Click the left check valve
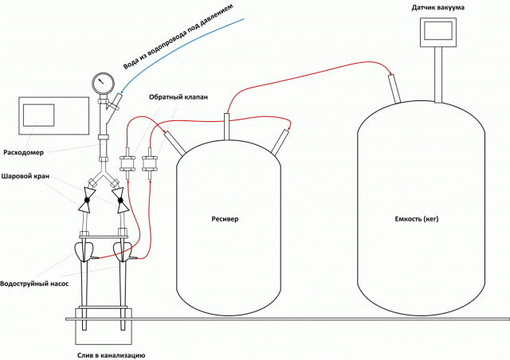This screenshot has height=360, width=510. (x=127, y=166)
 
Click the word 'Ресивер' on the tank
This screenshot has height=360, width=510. (x=225, y=218)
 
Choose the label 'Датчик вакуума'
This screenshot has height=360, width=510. (x=438, y=8)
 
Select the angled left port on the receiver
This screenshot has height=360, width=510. (x=171, y=141)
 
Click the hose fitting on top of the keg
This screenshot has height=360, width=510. (x=394, y=88)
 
